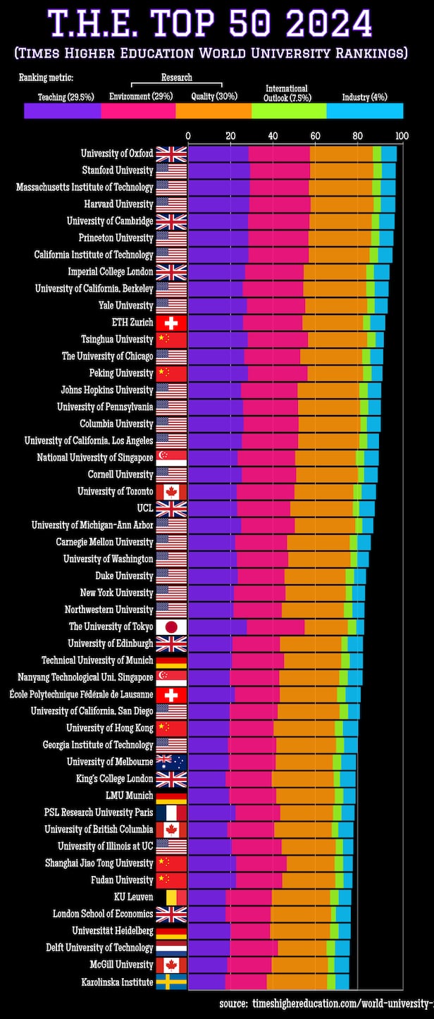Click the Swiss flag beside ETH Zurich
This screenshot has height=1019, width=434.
171,323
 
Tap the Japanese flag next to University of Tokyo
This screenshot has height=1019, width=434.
171,626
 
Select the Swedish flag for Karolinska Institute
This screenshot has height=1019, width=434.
171,982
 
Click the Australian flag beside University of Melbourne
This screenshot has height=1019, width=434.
171,762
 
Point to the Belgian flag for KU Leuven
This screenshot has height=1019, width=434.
171,897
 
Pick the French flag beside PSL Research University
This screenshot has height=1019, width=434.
171,813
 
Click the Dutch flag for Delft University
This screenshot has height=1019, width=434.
171,948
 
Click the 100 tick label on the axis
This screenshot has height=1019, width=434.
402,135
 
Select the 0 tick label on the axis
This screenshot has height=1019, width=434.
188,135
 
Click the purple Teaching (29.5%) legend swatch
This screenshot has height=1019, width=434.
62,111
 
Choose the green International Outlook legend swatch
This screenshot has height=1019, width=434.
289,111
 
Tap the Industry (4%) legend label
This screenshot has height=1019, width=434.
364,97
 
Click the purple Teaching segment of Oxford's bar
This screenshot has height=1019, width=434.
218,154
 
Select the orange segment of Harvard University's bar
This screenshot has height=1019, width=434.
342,204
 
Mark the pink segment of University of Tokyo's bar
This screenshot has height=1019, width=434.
275,626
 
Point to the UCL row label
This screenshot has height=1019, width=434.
144,509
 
